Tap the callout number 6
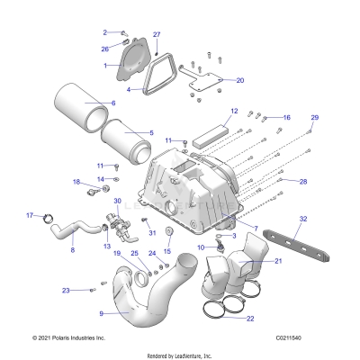click(x=112, y=103)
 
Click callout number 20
click(x=239, y=80)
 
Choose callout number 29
click(x=314, y=118)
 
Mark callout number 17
click(x=29, y=215)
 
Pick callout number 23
click(x=65, y=290)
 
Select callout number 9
click(x=101, y=314)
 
